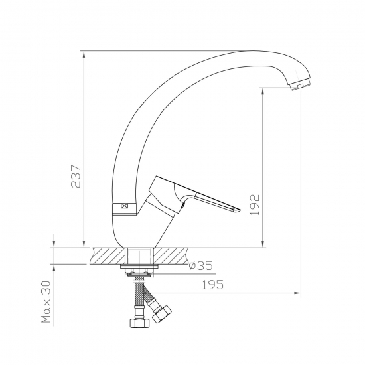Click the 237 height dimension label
click(76, 177)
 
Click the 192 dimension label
click(255, 205)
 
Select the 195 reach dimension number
click(212, 285)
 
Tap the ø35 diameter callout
click(201, 265)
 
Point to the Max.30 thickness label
click(46, 302)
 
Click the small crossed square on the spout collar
click(125, 206)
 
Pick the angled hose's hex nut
click(161, 314)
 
